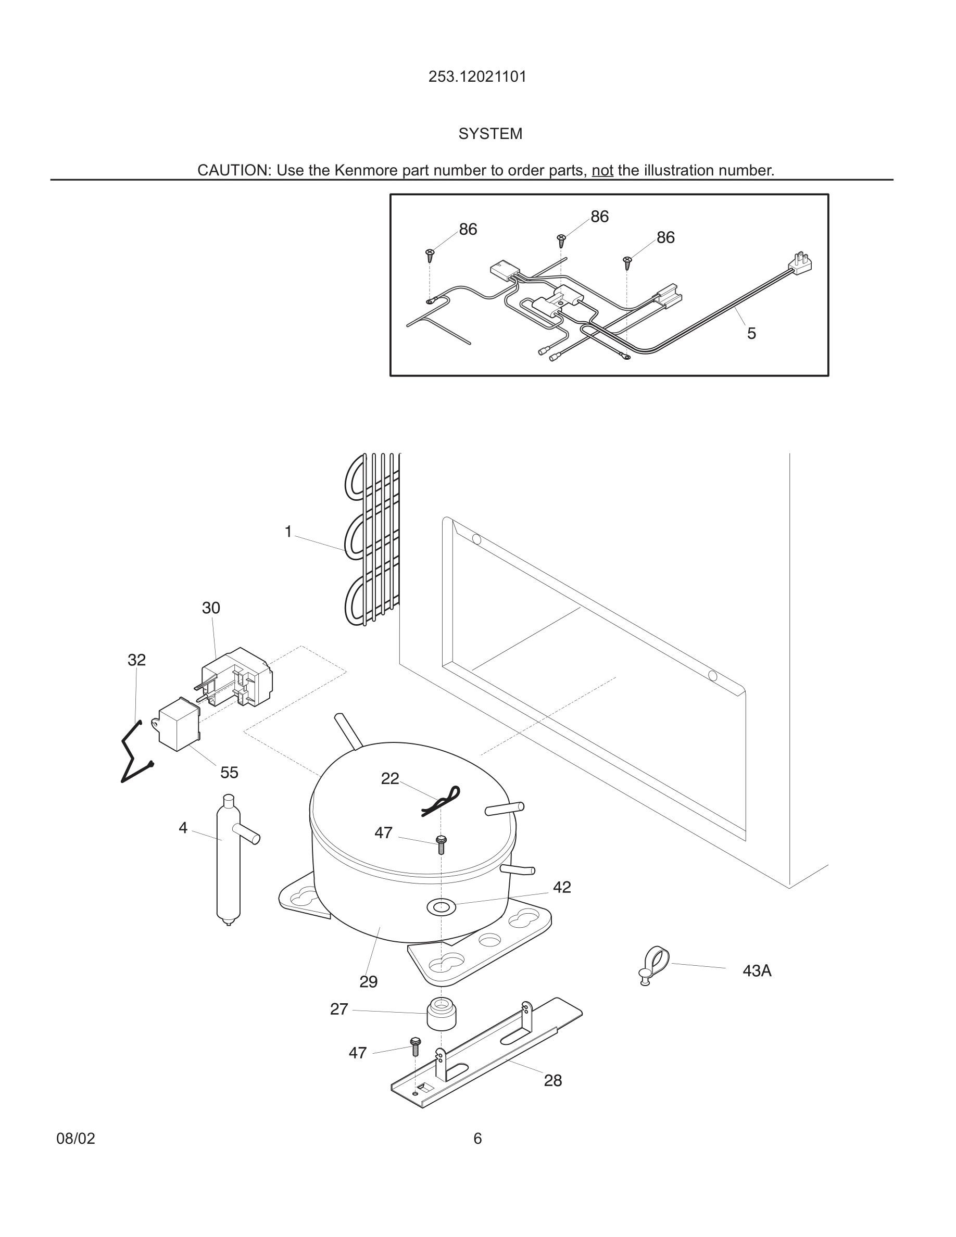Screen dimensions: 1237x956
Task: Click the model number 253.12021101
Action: [x=477, y=77]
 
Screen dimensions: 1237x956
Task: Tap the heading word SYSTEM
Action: [x=490, y=134]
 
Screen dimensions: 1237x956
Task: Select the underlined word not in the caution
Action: [x=602, y=170]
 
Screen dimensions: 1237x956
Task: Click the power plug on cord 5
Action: [x=801, y=263]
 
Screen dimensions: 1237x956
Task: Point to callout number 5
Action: [x=751, y=334]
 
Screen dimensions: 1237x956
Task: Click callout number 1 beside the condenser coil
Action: [x=288, y=532]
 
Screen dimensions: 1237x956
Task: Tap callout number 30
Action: [x=211, y=608]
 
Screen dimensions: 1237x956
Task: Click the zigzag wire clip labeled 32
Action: [x=135, y=754]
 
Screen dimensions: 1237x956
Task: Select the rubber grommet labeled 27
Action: [x=441, y=1013]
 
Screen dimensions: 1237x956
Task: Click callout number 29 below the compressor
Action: [x=368, y=981]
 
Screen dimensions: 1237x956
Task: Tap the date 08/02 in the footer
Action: [x=76, y=1139]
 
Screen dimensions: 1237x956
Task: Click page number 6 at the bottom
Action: [x=477, y=1139]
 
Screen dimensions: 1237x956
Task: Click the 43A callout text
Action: [x=757, y=971]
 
